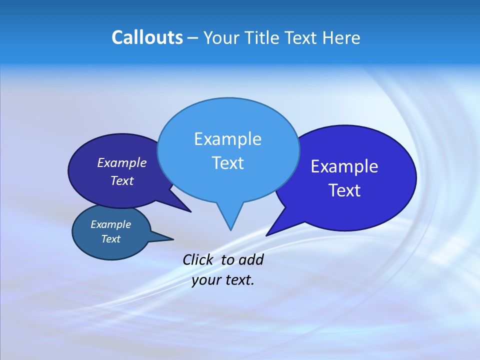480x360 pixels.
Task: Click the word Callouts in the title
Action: tap(147, 37)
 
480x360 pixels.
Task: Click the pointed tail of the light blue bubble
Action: tap(230, 220)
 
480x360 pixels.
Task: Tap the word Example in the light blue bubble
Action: tap(227, 139)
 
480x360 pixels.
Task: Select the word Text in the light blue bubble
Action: tap(227, 163)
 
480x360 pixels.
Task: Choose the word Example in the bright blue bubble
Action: tap(344, 166)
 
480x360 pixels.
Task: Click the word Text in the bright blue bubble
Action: tap(345, 190)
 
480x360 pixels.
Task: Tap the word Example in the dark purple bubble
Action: tap(122, 162)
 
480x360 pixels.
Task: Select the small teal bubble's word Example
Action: tap(111, 224)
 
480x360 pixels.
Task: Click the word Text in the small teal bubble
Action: tap(111, 239)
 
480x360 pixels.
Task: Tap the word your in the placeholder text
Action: tap(205, 280)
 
